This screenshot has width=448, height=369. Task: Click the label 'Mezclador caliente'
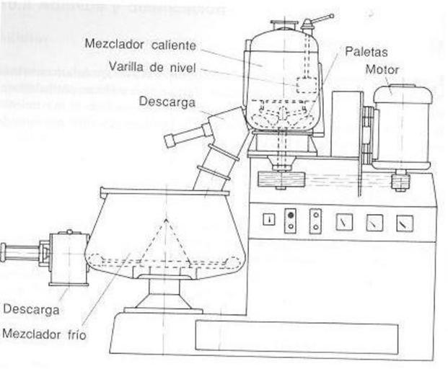[140, 45]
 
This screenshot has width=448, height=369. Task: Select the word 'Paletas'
[366, 51]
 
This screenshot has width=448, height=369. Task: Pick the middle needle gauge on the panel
[374, 223]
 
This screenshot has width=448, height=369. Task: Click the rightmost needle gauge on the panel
[404, 223]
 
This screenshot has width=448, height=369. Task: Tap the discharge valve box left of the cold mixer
[69, 256]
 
